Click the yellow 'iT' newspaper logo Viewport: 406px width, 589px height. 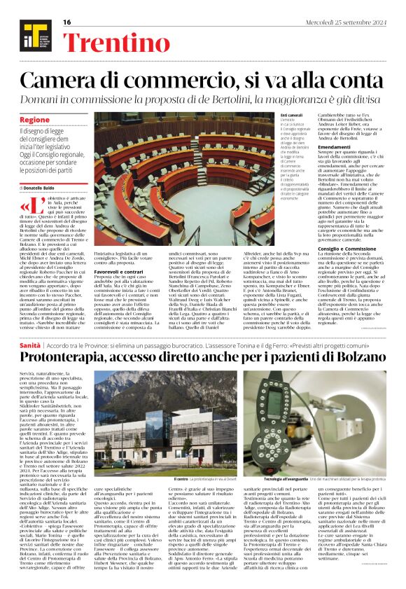(x=29, y=31)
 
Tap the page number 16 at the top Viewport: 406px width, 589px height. (x=67, y=22)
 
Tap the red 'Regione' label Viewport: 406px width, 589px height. (x=34, y=120)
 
